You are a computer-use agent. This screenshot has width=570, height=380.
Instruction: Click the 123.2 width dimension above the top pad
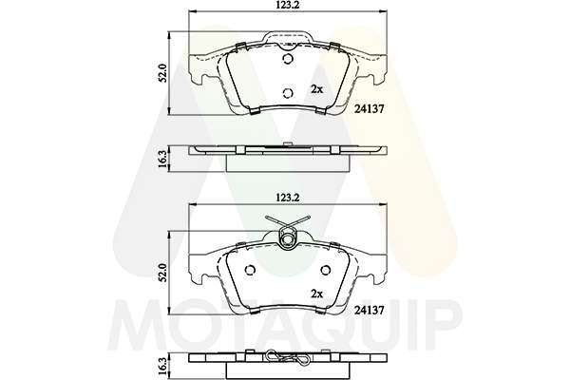(x=287, y=5)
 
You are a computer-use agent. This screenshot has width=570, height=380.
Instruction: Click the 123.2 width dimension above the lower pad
(x=287, y=198)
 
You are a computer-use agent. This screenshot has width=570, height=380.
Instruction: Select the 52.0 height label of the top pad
(x=162, y=73)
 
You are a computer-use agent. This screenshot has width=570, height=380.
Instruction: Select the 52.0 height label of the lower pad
(x=162, y=273)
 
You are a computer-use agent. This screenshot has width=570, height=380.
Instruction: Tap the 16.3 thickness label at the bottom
(x=162, y=367)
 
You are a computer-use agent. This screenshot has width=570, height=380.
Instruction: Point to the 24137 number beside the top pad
(x=369, y=108)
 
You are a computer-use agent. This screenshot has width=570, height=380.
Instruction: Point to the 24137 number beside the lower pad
(x=369, y=310)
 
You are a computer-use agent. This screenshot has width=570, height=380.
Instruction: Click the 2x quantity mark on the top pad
(x=316, y=89)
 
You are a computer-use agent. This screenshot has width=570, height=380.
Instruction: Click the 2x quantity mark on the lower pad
(x=316, y=294)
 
